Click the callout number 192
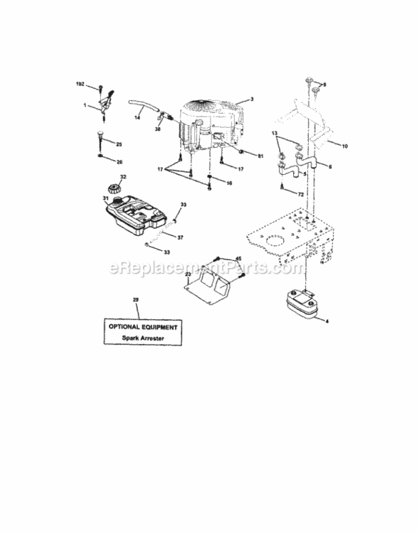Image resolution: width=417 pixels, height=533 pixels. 80,85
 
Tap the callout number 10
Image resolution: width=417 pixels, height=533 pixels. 344,146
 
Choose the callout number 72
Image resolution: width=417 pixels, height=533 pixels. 301,193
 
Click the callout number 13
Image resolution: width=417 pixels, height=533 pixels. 274,133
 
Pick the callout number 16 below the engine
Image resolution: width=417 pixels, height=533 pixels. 228,183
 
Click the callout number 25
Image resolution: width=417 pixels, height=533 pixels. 119,143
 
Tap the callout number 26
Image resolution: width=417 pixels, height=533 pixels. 119,161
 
